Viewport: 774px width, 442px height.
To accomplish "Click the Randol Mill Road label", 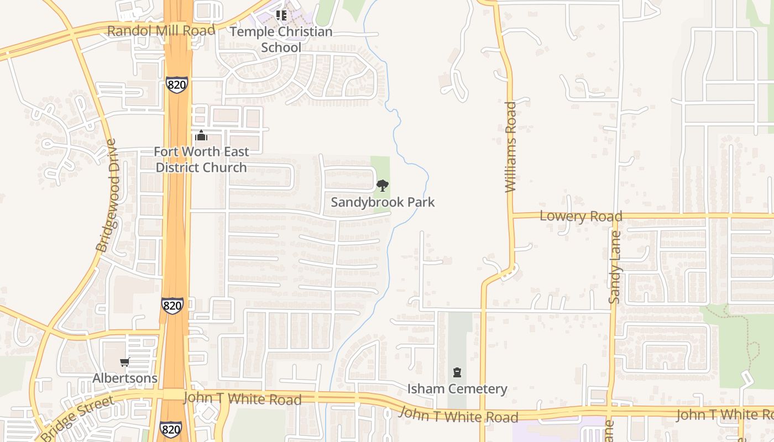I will click(161, 30).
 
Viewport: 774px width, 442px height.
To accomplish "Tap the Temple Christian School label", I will click(281, 39).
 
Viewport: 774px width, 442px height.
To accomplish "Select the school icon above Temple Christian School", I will click(281, 15).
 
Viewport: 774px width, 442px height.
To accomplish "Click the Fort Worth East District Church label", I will click(201, 159).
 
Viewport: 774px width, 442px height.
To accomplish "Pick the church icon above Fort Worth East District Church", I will click(201, 135).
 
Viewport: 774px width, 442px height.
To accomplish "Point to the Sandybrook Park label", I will click(383, 202).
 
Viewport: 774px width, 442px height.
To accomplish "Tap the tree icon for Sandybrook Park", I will click(381, 186).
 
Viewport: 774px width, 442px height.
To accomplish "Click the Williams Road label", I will click(510, 146).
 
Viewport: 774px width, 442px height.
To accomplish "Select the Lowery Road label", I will click(580, 215).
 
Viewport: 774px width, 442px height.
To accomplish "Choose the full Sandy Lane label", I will click(614, 267).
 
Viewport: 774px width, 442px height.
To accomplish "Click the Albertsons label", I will click(125, 378).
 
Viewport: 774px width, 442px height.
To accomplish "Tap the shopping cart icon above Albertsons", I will click(125, 362).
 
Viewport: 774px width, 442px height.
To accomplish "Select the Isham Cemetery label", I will click(457, 389).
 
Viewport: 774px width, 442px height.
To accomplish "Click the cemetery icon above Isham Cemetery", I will click(457, 372).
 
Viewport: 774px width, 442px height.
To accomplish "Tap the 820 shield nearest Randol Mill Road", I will click(176, 85).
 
